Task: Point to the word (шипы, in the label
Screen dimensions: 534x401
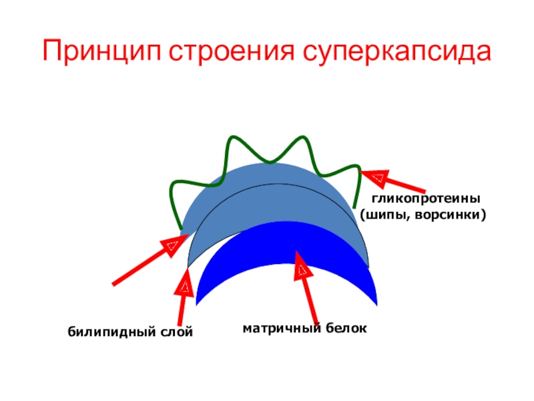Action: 387,215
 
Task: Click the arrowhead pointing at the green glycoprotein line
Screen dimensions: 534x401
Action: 374,177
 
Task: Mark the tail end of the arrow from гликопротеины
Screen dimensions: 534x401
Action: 423,192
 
